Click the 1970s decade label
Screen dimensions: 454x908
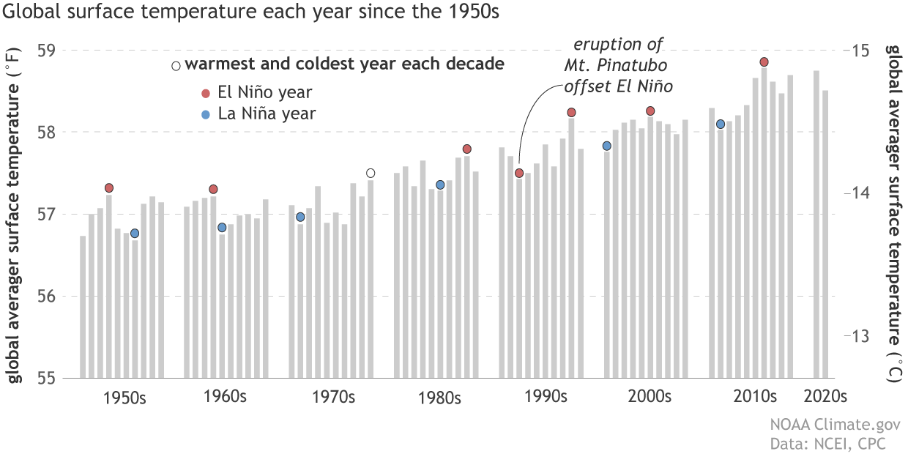(333, 398)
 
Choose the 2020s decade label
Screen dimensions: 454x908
(825, 398)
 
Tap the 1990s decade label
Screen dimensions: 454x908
(546, 398)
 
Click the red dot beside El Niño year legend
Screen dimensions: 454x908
(206, 93)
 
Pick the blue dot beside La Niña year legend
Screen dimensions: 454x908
(206, 114)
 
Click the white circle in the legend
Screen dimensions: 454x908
(176, 66)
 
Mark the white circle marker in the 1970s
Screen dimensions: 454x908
(371, 173)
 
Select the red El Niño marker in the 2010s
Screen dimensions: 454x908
(764, 62)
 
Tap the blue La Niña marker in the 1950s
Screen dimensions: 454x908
(135, 234)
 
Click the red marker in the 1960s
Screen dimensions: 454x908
(213, 189)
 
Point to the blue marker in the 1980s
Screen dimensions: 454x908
(440, 185)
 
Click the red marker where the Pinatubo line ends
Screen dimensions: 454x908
(519, 173)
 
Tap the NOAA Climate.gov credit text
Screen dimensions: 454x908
(834, 425)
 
